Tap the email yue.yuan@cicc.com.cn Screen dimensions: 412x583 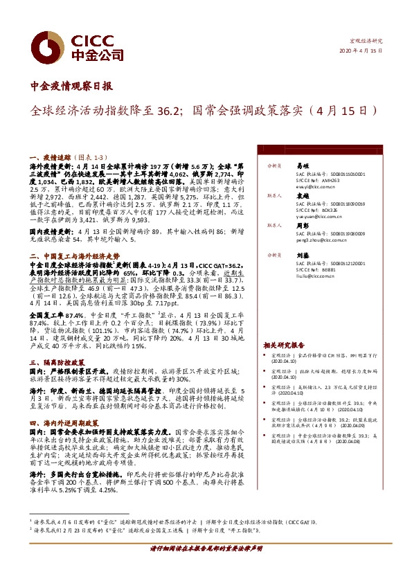(x=321, y=216)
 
